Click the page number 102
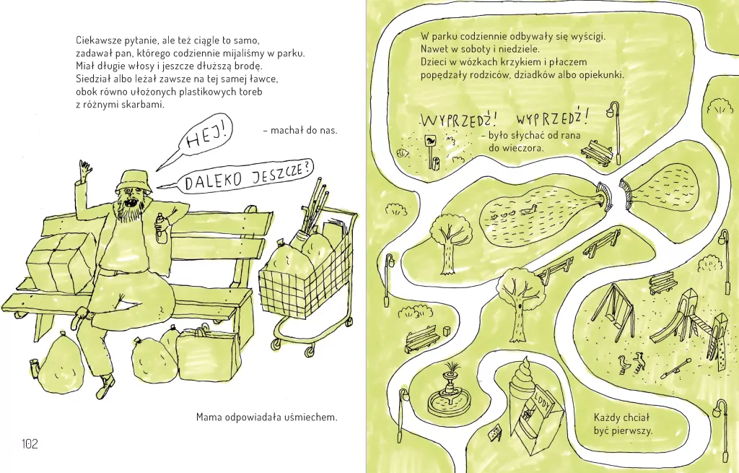pos(30,444)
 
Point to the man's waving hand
pos(85,169)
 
